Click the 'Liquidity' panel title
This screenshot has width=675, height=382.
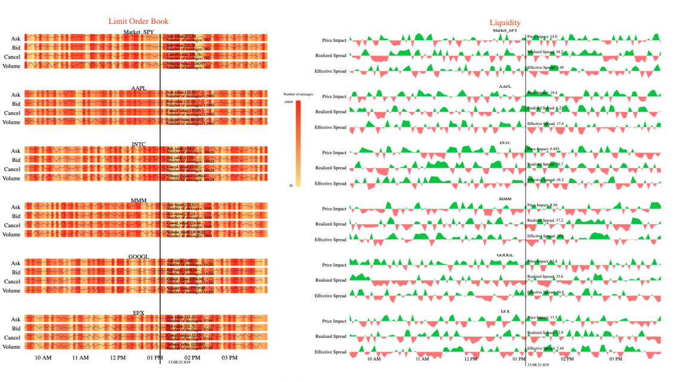click(x=505, y=23)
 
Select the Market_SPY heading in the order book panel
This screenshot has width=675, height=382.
click(x=139, y=32)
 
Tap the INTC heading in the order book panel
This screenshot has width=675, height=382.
click(x=139, y=145)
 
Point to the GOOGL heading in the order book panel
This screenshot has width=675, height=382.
click(x=139, y=257)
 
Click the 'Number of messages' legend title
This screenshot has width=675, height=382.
click(x=298, y=94)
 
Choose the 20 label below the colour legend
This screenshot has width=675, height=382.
click(x=291, y=185)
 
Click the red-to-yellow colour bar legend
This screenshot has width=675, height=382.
click(x=298, y=143)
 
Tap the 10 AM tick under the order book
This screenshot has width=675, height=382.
click(x=43, y=358)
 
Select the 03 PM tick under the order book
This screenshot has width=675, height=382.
click(x=229, y=358)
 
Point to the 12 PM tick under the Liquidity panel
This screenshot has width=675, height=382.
click(x=470, y=359)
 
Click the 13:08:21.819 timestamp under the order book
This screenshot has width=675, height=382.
click(x=179, y=362)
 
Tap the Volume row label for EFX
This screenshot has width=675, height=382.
click(x=11, y=347)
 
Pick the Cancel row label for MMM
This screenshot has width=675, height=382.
click(x=13, y=225)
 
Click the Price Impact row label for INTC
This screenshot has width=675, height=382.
click(x=334, y=152)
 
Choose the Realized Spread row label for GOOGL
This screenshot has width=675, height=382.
click(x=331, y=280)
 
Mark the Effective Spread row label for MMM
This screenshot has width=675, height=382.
click(x=331, y=240)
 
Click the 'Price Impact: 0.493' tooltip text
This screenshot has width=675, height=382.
click(x=543, y=149)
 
